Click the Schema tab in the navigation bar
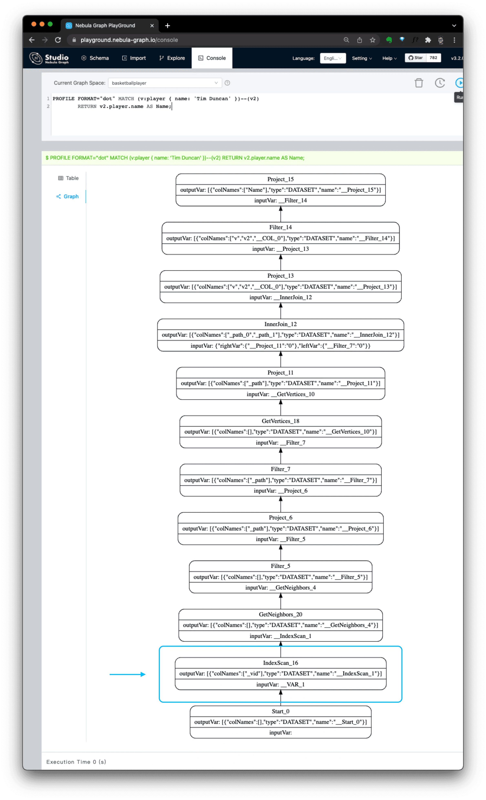pyautogui.click(x=95, y=58)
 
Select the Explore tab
pyautogui.click(x=172, y=58)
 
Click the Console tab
pyautogui.click(x=212, y=58)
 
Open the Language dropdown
pyautogui.click(x=332, y=58)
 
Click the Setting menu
pyautogui.click(x=361, y=58)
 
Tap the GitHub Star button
pyautogui.click(x=416, y=58)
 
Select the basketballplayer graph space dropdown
pyautogui.click(x=165, y=83)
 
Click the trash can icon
pyautogui.click(x=419, y=83)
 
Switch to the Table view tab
pyautogui.click(x=68, y=178)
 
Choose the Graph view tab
pyautogui.click(x=68, y=196)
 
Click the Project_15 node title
pyautogui.click(x=280, y=179)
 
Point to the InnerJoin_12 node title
pyautogui.click(x=280, y=324)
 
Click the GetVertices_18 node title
pyautogui.click(x=280, y=421)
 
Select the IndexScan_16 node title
pyautogui.click(x=280, y=663)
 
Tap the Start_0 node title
pyautogui.click(x=280, y=711)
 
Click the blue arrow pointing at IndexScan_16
pyautogui.click(x=127, y=674)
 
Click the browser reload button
pyautogui.click(x=58, y=40)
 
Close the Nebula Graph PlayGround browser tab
pyautogui.click(x=152, y=26)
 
